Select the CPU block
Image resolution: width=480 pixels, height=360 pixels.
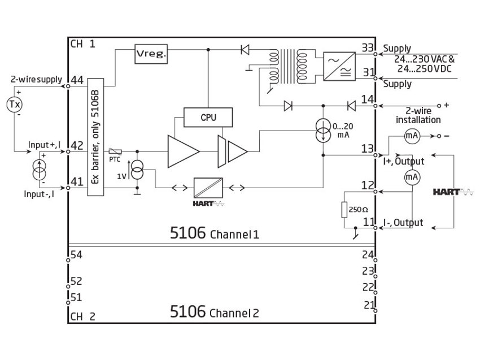tap(208, 118)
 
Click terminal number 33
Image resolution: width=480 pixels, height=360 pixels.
tap(368, 49)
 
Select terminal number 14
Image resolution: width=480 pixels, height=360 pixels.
tap(368, 100)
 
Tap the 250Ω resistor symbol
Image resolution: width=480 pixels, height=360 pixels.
tap(344, 210)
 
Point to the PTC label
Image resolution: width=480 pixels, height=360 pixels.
tap(115, 159)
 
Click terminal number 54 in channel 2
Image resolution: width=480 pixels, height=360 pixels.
tap(77, 255)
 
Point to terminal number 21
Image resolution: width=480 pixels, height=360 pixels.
tap(369, 305)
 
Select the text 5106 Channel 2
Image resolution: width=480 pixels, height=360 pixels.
tap(214, 312)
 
